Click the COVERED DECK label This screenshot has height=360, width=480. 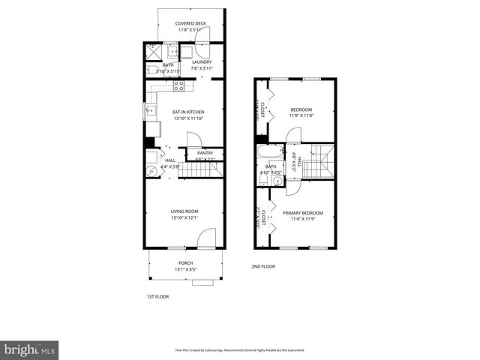pos(190,23)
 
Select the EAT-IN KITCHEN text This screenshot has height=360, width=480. pos(188,112)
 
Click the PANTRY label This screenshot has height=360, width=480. pos(205,153)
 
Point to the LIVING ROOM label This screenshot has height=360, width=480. pos(184,211)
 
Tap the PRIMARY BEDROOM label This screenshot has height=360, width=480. pos(302,213)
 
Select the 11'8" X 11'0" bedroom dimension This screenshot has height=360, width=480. pos(301,115)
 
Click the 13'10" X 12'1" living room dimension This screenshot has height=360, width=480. pos(184,218)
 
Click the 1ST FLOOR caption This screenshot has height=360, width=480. pos(157,297)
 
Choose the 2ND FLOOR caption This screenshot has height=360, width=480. pos(262,266)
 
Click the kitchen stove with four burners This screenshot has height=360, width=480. pos(179,86)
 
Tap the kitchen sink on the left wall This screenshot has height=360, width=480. pos(151,112)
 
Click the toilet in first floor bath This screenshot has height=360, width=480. pos(150,70)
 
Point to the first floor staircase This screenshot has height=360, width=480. pos(201,170)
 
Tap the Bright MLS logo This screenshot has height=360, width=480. pos(30,349)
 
